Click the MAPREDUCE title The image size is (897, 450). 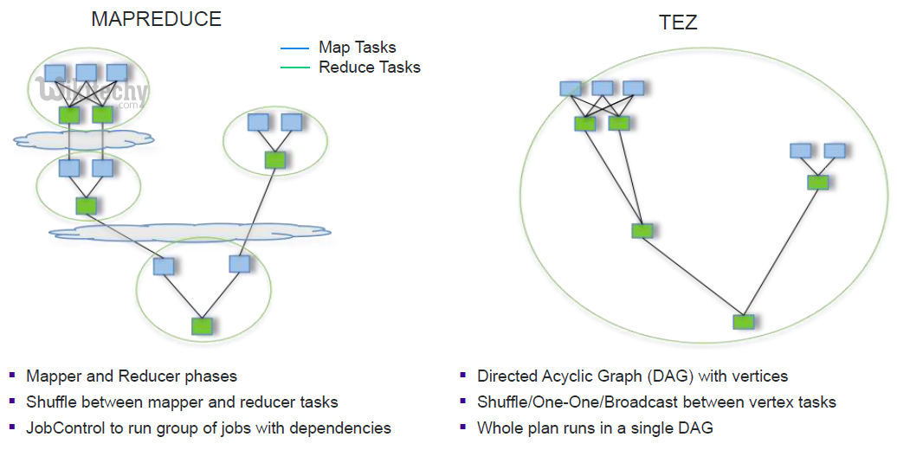point(156,19)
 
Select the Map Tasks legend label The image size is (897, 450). point(357,48)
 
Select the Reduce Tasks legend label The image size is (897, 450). point(370,67)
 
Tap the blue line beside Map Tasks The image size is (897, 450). point(295,48)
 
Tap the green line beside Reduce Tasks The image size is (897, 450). point(295,67)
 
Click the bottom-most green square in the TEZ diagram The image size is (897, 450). point(743,322)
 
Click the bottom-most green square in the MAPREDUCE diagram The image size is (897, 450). point(202,325)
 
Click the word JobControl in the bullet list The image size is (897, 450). point(64,428)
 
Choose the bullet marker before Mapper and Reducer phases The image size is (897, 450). point(12,376)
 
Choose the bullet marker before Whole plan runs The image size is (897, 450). point(463,427)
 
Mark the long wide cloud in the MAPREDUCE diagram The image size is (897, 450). point(189,231)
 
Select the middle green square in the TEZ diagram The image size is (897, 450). point(642,230)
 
